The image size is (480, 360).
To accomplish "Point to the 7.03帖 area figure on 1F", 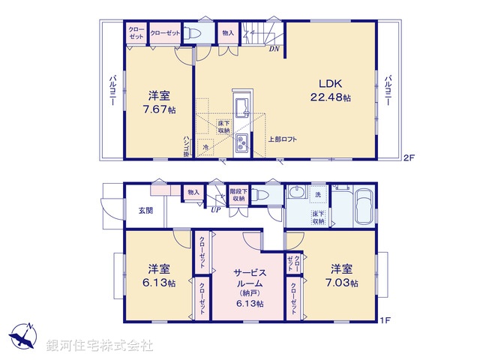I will [343, 283].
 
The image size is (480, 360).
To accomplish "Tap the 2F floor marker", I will [408, 158].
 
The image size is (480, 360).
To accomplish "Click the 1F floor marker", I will [386, 321].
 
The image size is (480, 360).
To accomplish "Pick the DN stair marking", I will [274, 50].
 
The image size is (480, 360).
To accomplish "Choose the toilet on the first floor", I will [259, 194].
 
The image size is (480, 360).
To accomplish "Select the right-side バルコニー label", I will [388, 91].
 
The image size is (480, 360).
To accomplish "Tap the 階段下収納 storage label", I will [239, 195].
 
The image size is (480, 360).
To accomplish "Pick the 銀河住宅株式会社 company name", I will [99, 346].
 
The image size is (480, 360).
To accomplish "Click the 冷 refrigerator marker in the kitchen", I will [206, 148].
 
